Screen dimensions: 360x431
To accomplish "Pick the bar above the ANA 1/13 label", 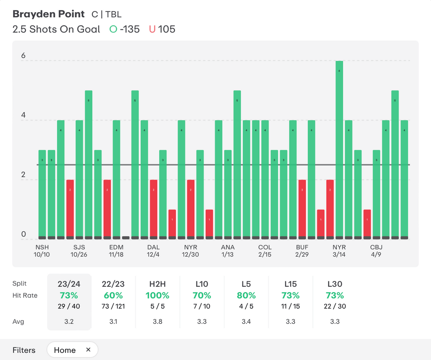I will click(x=228, y=194).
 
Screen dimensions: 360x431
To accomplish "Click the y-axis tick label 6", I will click(x=24, y=56).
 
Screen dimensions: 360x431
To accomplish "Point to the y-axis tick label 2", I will click(x=24, y=175).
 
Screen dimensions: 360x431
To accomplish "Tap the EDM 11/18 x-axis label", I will click(x=116, y=251).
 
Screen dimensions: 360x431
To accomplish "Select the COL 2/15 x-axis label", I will click(x=265, y=251).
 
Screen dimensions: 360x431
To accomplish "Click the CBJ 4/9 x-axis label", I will click(x=376, y=251).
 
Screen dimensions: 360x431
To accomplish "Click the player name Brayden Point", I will click(x=48, y=14).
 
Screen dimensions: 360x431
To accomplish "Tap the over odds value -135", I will click(x=130, y=29).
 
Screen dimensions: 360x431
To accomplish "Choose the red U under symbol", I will click(x=152, y=29).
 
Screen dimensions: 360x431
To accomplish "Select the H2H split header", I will click(x=157, y=284).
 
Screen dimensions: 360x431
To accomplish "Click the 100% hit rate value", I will click(x=157, y=295).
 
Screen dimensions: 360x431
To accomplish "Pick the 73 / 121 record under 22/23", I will click(x=113, y=306).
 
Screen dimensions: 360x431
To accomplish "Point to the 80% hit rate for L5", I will click(x=246, y=295).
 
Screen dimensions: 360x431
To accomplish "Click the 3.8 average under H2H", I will click(x=157, y=322).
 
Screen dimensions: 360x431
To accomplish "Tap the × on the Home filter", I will click(x=88, y=350).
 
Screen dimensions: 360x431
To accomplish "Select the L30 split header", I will click(x=335, y=284).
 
